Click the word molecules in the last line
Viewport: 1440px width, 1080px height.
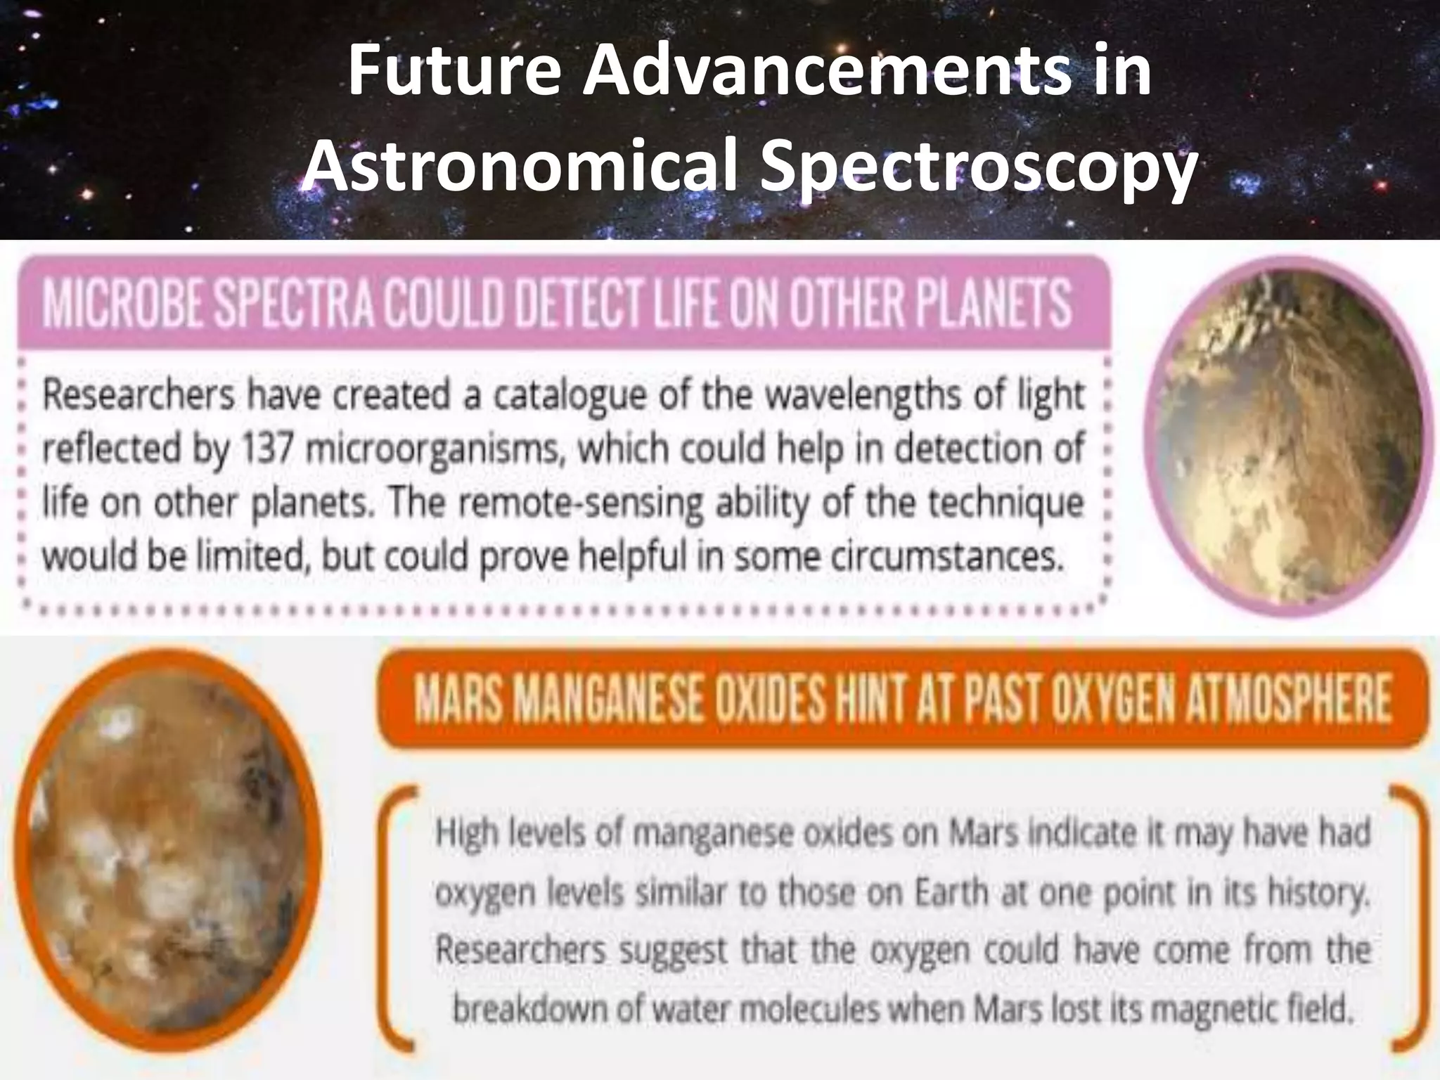click(816, 1010)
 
